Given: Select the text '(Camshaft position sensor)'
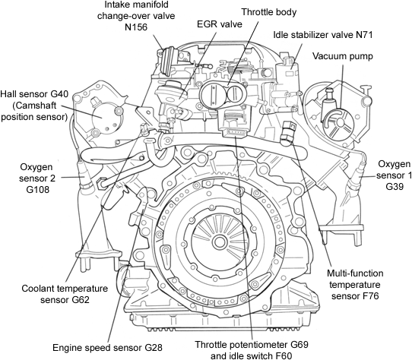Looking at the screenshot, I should click(x=36, y=111).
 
